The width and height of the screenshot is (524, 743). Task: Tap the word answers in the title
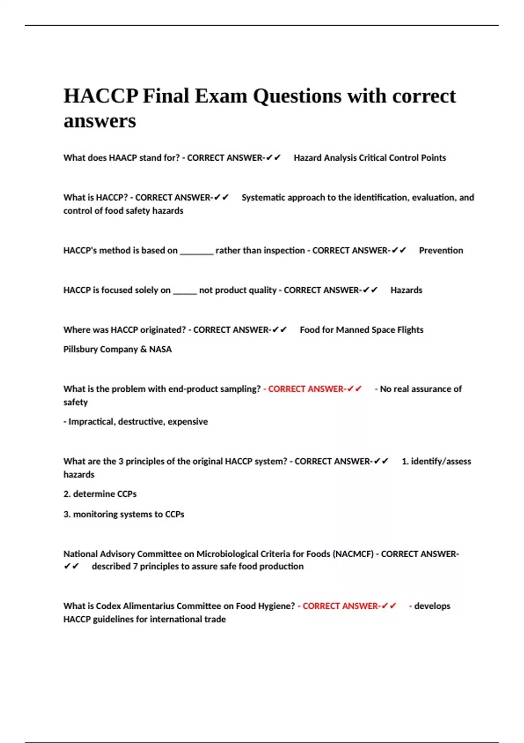pos(100,121)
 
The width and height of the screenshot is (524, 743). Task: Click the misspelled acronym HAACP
pos(123,158)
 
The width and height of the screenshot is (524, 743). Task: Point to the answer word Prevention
pos(441,250)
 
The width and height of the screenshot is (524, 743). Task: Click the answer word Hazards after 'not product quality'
pos(406,290)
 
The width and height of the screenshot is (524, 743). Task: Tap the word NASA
pos(160,349)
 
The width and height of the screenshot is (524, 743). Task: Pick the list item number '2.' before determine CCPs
pos(67,494)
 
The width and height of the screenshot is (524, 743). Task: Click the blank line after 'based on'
pos(196,252)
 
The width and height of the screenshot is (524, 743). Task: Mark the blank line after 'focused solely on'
pos(185,292)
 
